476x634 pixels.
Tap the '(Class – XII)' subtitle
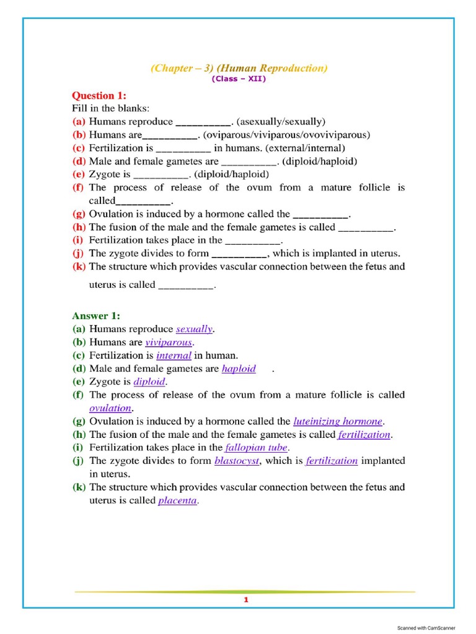(239, 79)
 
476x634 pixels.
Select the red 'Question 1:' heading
(99, 95)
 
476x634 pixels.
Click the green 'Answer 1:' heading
(96, 316)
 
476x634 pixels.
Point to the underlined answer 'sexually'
(194, 329)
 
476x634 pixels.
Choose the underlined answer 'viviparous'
(169, 342)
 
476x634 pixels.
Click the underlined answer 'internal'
(174, 355)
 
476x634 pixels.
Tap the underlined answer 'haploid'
(239, 368)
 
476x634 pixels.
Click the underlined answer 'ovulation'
(110, 408)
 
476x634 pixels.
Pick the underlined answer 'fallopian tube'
(257, 447)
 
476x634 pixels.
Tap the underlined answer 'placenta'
(177, 500)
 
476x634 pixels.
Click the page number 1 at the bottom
(245, 600)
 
